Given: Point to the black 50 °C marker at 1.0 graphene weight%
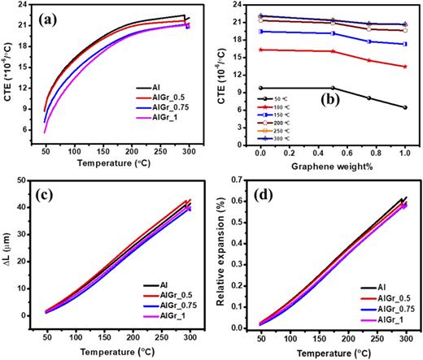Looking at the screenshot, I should pos(404,107).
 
